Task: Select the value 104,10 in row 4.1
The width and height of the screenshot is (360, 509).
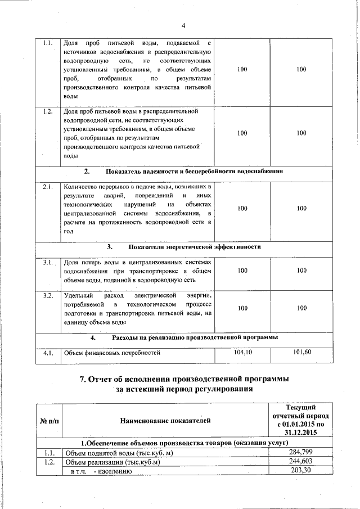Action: point(242,352)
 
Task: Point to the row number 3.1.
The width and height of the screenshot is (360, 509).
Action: point(48,262)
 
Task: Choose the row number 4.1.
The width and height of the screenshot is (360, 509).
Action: point(48,353)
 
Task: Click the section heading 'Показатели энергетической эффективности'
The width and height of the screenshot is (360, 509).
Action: point(194,247)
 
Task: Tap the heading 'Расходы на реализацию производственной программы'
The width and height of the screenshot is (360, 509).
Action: point(195,338)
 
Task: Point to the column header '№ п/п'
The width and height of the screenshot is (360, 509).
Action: point(48,420)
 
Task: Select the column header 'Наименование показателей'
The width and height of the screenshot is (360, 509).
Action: point(165,420)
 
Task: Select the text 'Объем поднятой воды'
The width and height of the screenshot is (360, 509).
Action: point(99,453)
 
